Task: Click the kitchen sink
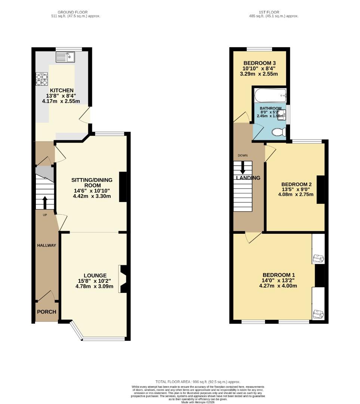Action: tap(65, 57)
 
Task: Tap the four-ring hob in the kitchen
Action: tap(42, 79)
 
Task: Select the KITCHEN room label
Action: tap(62, 91)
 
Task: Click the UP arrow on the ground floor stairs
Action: tap(45, 203)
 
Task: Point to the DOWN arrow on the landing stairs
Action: tap(243, 168)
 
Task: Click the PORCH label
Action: tap(47, 312)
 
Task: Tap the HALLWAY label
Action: tap(47, 245)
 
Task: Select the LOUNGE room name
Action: tap(95, 275)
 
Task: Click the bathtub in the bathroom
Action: tap(270, 96)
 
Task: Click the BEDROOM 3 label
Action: tap(259, 63)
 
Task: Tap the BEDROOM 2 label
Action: tap(296, 184)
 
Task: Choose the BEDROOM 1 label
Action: tap(279, 275)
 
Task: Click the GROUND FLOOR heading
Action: tap(73, 12)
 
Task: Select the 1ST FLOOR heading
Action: tap(269, 12)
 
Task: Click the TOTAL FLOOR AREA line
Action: tap(198, 382)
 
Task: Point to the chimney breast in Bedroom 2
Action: tap(321, 190)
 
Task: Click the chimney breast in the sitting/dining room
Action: tap(123, 187)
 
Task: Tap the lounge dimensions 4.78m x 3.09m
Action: tap(95, 286)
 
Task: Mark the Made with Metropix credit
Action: tap(198, 402)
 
